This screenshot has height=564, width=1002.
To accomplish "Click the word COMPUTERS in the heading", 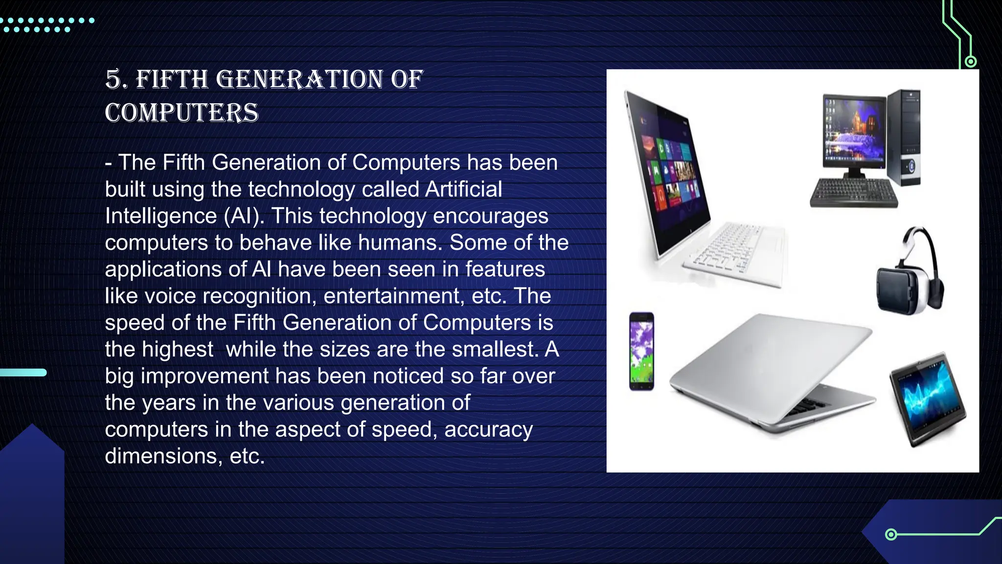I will coord(182,113).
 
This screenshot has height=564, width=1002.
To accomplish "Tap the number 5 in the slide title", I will coord(114,79).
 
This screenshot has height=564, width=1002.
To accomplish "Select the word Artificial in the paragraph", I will coord(464,189).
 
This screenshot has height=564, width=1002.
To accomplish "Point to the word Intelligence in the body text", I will coord(161,216).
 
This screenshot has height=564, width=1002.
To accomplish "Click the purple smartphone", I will coord(641,351).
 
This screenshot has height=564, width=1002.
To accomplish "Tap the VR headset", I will coord(910,274).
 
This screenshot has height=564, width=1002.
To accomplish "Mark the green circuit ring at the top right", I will coord(971,62).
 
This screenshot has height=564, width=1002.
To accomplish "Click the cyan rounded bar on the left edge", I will coord(23,373).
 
